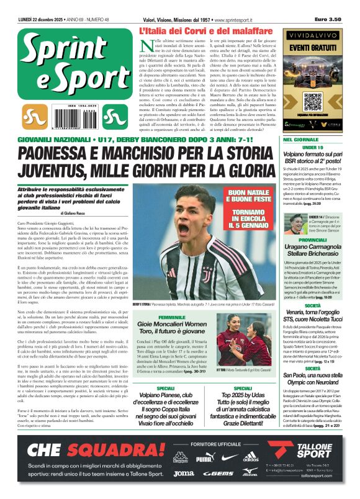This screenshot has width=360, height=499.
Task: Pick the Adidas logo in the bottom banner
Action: click(251, 459)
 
